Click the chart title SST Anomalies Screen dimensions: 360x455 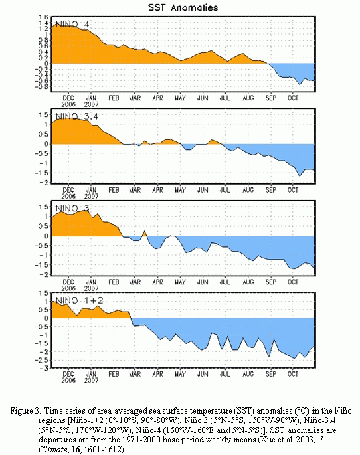point(183,7)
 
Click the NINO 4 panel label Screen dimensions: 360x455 point(72,24)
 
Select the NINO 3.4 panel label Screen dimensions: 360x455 point(77,116)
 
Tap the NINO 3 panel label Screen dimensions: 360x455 point(72,209)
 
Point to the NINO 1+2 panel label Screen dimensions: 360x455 point(79,300)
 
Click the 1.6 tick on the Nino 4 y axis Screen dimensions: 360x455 point(43,17)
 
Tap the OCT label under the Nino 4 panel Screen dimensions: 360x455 point(293,98)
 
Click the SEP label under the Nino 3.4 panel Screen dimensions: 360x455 point(271,190)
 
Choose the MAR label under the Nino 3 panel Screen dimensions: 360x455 point(135,282)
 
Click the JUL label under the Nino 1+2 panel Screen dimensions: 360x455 point(225,374)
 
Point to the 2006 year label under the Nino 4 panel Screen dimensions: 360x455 point(68,104)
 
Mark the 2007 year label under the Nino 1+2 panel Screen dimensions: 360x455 point(92,380)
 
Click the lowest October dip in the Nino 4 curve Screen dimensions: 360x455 point(300,84)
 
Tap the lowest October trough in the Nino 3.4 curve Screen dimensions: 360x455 point(300,176)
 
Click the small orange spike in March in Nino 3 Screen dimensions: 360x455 point(145,231)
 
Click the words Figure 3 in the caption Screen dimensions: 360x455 point(25,411)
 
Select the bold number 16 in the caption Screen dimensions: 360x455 point(76,450)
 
